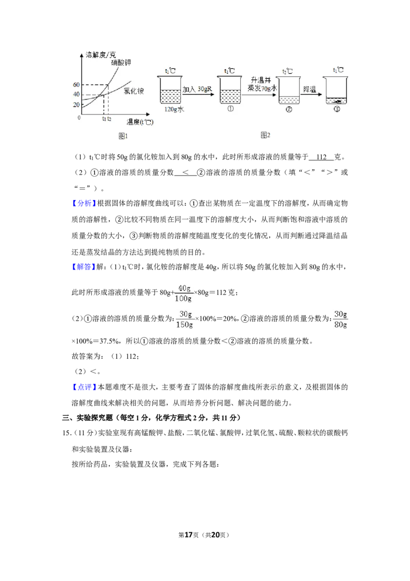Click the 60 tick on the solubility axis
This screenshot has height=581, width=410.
click(76, 85)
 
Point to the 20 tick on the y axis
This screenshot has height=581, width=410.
click(76, 105)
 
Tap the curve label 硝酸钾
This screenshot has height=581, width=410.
click(121, 63)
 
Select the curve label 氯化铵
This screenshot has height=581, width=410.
click(134, 91)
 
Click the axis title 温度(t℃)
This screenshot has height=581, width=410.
click(140, 122)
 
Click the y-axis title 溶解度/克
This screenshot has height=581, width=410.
click(100, 55)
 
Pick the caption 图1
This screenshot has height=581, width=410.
click(123, 136)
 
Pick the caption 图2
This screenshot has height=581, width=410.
click(265, 135)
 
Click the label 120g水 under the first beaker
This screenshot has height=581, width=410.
click(174, 109)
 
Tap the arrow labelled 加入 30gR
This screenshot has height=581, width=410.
click(198, 94)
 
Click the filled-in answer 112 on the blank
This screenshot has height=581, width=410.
click(321, 157)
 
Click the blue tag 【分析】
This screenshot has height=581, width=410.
click(84, 203)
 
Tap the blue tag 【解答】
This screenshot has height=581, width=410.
click(84, 267)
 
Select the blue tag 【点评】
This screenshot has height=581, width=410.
click(84, 387)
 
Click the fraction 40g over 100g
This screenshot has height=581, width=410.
click(183, 293)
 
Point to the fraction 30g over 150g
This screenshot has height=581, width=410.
click(184, 319)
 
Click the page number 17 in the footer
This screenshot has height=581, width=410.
click(189, 535)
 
